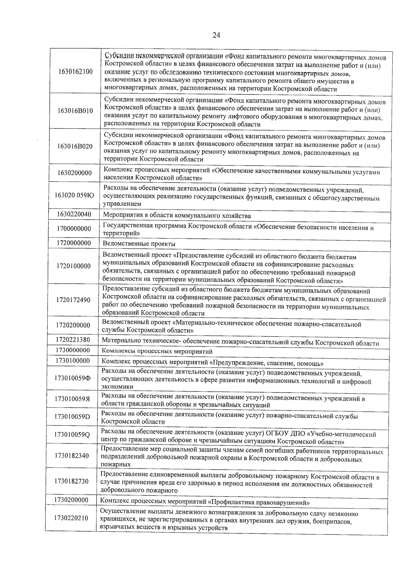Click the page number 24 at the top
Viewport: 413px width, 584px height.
pyautogui.click(x=216, y=35)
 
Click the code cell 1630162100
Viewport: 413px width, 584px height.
pyautogui.click(x=75, y=72)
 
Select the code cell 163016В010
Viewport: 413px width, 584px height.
pyautogui.click(x=75, y=111)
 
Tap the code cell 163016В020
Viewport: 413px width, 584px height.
pyautogui.click(x=75, y=146)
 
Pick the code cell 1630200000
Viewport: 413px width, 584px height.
pyautogui.click(x=75, y=173)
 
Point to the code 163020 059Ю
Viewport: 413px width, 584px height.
pyautogui.click(x=74, y=195)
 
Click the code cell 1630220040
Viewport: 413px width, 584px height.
pyautogui.click(x=74, y=214)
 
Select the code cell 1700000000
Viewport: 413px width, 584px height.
pyautogui.click(x=74, y=229)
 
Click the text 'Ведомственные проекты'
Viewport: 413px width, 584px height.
pyautogui.click(x=139, y=244)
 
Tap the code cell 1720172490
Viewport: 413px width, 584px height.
pyautogui.click(x=73, y=300)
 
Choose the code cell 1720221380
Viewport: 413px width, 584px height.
pyautogui.click(x=73, y=340)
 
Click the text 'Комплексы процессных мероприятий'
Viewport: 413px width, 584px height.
pyautogui.click(x=157, y=352)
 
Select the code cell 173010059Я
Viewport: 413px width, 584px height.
pyautogui.click(x=72, y=399)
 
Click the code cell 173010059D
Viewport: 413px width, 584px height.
pyautogui.click(x=72, y=417)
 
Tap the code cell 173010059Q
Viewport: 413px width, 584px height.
pyautogui.click(x=72, y=435)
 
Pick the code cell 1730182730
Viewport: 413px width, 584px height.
pyautogui.click(x=72, y=481)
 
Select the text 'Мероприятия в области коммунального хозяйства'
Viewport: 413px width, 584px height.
pyautogui.click(x=177, y=216)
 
